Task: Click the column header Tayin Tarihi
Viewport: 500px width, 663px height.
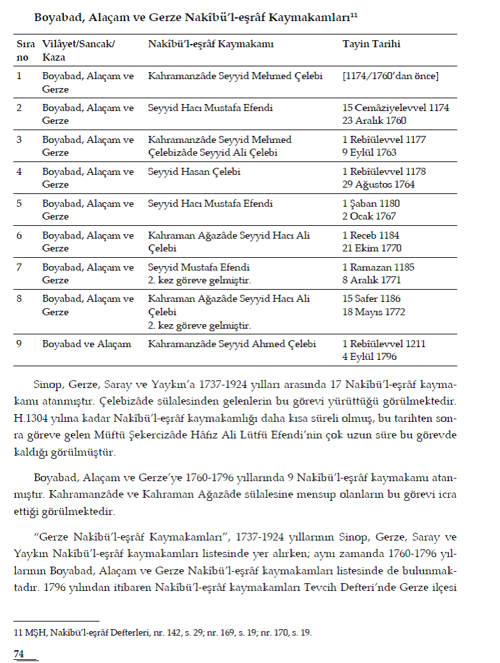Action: pos(371,45)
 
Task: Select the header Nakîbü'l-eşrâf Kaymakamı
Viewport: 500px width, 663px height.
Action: pos(210,45)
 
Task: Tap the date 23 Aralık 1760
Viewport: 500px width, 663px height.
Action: pos(374,121)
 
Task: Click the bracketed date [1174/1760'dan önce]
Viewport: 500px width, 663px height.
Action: pos(390,76)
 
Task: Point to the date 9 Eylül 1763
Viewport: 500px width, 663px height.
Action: pos(369,153)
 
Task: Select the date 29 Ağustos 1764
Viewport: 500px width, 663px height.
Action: pos(378,184)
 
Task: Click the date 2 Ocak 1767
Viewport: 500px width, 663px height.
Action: pos(369,216)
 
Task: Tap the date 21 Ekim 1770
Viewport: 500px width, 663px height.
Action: pos(371,248)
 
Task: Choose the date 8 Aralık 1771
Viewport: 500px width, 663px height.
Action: pos(372,280)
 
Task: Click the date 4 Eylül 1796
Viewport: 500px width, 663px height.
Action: pos(369,357)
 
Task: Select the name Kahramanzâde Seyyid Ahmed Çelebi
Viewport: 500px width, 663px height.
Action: pos(232,344)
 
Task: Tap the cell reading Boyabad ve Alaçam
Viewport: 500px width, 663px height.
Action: pos(87,344)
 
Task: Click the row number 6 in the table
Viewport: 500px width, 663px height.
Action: pos(19,235)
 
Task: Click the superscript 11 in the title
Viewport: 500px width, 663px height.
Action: pos(354,15)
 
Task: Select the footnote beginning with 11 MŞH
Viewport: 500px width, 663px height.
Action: pos(163,633)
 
